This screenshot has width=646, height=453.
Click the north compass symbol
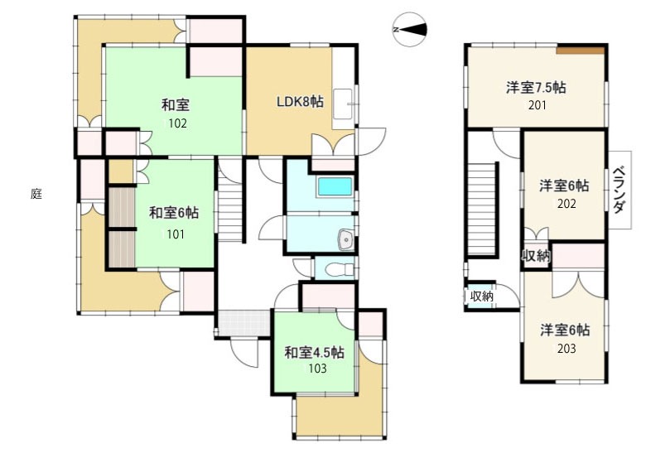pos(409,29)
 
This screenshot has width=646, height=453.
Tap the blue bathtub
pos(335,186)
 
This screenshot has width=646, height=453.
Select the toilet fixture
pos(339,270)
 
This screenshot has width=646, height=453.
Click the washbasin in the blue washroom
pos(345,239)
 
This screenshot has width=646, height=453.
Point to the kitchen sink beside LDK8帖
pos(342,104)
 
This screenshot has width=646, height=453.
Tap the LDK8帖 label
pos(300,101)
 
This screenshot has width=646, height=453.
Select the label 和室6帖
pos(173,213)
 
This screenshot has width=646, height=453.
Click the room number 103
pos(317,368)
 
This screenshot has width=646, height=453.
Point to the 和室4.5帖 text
pos(315,353)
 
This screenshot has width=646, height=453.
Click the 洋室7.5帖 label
pos(536,87)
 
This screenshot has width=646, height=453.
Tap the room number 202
pos(566,204)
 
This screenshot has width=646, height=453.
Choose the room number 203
pos(566,349)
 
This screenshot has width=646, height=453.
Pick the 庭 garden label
pos(36,194)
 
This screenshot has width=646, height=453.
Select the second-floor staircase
pos(481,209)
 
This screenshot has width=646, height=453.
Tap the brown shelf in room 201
pos(580,50)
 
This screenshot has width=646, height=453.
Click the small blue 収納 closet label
pos(482,296)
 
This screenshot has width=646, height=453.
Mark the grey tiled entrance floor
pos(243,323)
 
